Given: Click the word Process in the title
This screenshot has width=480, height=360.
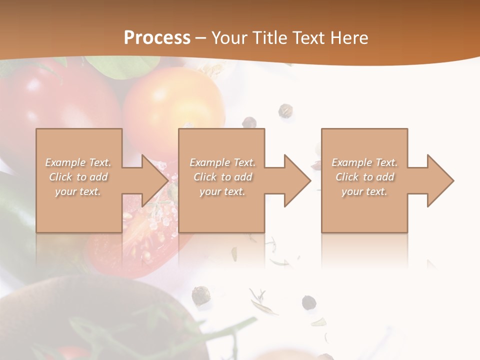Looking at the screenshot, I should click(x=157, y=38).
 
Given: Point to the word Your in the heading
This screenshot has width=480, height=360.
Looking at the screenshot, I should click(x=230, y=38).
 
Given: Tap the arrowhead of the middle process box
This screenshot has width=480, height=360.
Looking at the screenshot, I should click(x=296, y=180).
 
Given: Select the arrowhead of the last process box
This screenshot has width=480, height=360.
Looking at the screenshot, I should click(x=439, y=180).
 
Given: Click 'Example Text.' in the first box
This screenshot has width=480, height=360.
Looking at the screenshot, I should click(x=78, y=162).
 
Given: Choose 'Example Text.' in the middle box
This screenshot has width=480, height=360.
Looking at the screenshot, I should click(x=222, y=162).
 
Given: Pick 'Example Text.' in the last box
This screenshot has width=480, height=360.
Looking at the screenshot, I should click(x=364, y=162).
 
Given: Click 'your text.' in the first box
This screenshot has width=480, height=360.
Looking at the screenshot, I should click(x=78, y=191).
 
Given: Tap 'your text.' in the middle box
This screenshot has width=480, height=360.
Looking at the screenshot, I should click(x=222, y=191).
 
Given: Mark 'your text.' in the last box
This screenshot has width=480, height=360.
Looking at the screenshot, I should click(x=364, y=191).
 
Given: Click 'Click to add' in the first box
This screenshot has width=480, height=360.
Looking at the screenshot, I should click(x=78, y=177).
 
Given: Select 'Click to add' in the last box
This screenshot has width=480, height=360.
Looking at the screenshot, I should click(x=364, y=177).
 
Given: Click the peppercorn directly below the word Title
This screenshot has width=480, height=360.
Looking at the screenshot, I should click(x=286, y=110).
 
